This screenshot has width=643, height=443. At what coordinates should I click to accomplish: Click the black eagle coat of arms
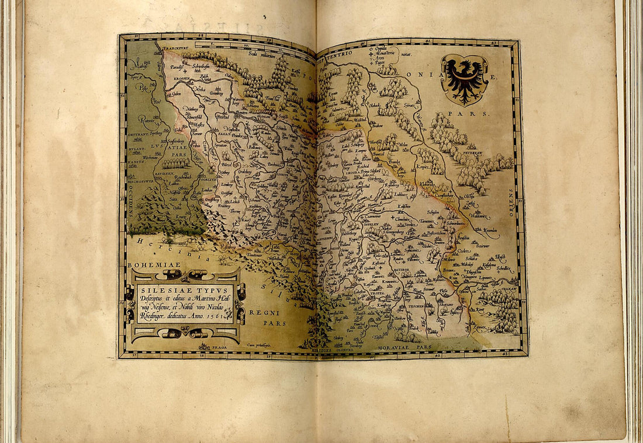coord(465,79)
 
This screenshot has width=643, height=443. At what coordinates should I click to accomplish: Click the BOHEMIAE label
coord(146,265)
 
